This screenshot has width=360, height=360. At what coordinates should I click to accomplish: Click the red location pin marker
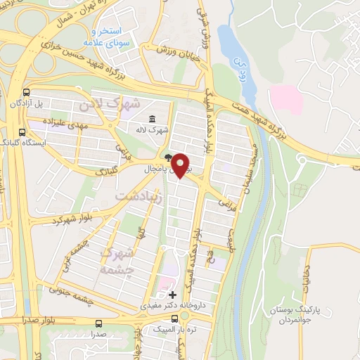(181, 165)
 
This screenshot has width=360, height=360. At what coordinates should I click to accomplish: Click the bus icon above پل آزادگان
(27, 92)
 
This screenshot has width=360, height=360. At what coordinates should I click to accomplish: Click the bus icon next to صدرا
(98, 323)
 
